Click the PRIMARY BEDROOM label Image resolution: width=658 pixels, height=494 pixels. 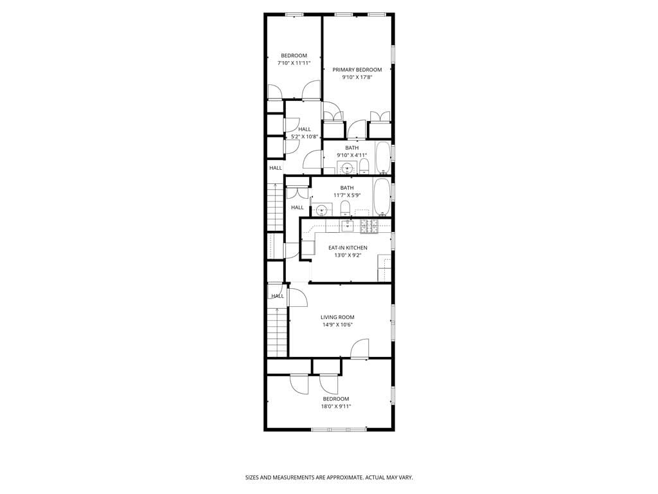[357, 69]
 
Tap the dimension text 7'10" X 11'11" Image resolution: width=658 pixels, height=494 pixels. [294, 63]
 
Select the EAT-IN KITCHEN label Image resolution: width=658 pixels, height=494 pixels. [348, 248]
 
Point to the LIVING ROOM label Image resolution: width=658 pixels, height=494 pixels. [337, 317]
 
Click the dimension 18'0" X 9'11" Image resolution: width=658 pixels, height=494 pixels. [336, 406]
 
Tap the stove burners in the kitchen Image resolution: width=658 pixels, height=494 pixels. [369, 225]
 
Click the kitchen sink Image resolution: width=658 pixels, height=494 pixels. [347, 225]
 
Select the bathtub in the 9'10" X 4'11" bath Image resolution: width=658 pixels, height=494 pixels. [383, 158]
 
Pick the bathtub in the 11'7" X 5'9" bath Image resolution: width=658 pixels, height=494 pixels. [381, 198]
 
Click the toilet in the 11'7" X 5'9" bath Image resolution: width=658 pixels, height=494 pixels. [345, 208]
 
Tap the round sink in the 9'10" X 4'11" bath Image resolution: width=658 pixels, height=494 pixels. [347, 169]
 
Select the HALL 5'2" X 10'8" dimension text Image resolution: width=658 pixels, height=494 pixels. [304, 136]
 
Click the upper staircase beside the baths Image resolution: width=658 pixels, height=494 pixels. [275, 206]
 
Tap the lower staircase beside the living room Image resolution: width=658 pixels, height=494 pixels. [277, 331]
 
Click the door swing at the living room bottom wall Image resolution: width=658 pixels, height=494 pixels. [360, 349]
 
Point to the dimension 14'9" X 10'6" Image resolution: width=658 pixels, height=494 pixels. [337, 325]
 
